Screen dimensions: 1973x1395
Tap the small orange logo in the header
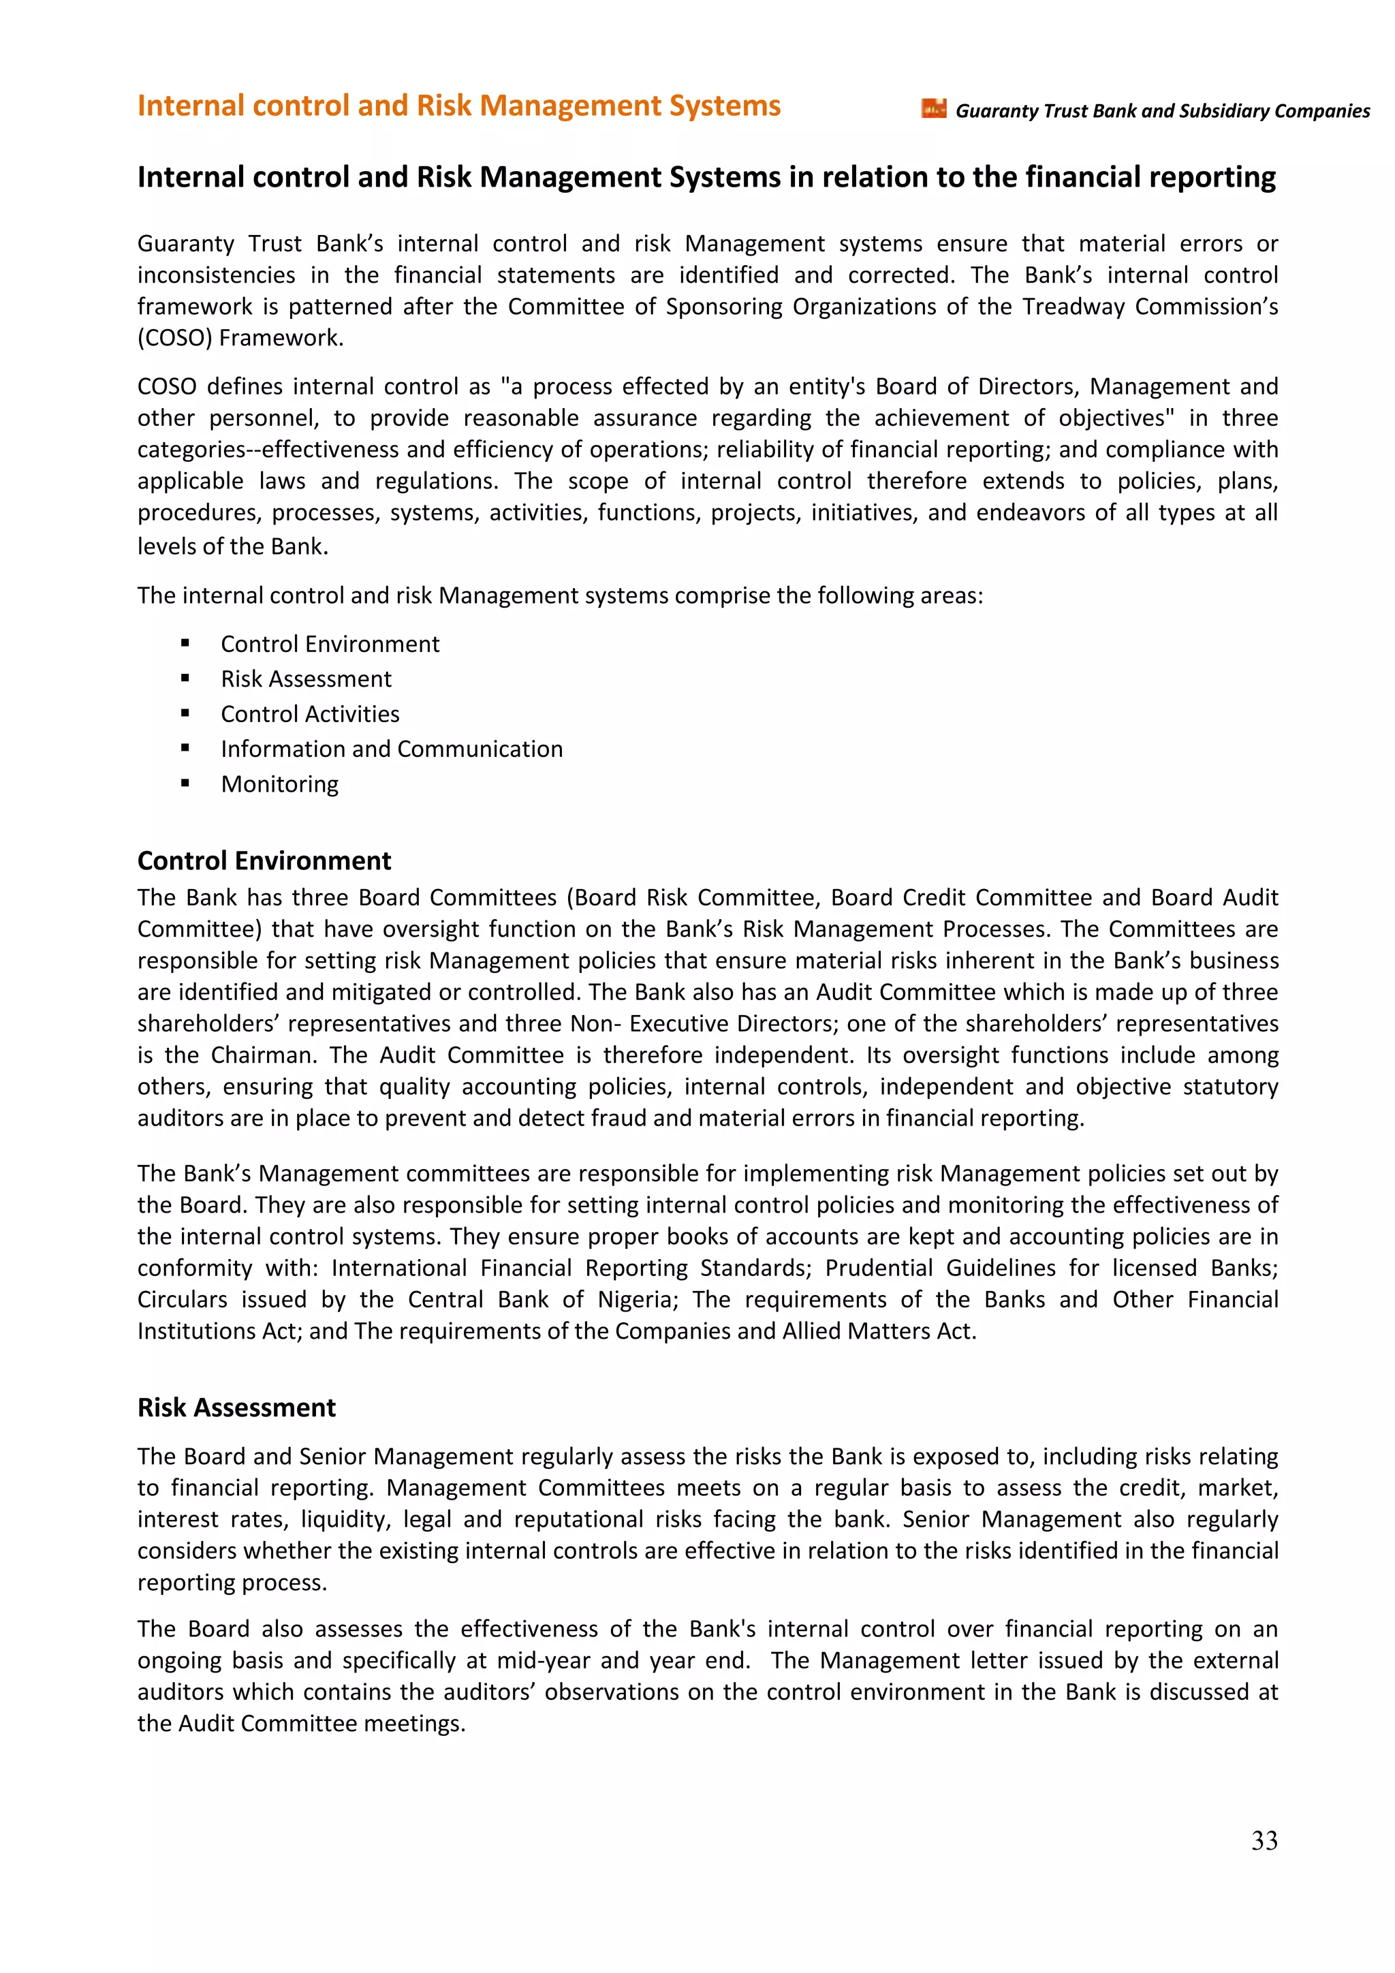click(934, 109)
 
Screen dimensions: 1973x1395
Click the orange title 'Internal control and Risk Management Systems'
click(458, 106)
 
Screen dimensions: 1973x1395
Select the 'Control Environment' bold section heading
click(264, 860)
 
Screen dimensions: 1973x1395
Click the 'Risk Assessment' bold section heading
click(236, 1407)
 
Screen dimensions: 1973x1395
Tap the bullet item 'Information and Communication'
click(392, 749)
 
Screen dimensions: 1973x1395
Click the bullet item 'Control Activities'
click(309, 713)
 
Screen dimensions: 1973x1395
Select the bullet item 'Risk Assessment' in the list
click(306, 678)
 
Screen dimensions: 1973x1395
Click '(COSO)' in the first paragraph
click(174, 338)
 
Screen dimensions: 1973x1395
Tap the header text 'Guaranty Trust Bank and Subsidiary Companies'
click(1162, 111)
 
